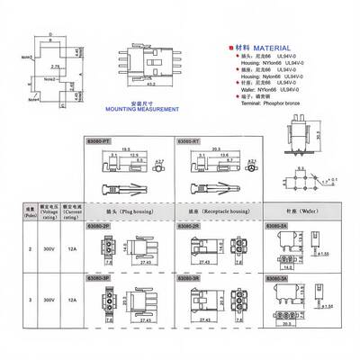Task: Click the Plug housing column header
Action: [126, 213]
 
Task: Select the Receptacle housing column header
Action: [215, 213]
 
